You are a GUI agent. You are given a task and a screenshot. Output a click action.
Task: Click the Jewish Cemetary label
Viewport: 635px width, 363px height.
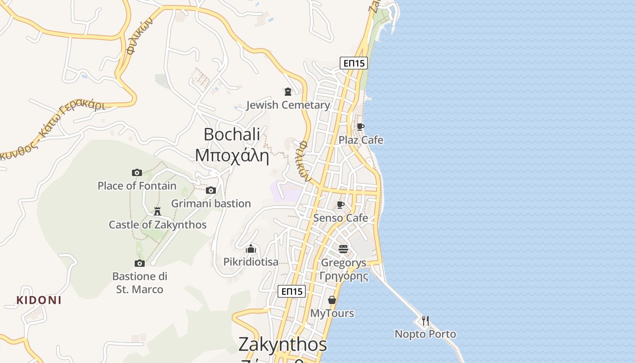(x=288, y=105)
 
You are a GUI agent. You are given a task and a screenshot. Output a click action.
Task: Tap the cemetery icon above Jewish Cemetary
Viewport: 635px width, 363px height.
(x=288, y=92)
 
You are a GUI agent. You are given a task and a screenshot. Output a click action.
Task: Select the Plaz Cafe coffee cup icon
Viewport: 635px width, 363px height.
(x=361, y=127)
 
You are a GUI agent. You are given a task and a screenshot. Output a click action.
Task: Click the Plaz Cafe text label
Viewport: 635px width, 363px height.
(x=361, y=140)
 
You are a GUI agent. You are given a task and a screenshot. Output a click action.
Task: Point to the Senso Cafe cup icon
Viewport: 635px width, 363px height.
(x=341, y=205)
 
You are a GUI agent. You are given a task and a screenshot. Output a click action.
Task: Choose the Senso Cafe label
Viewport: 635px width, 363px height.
(x=341, y=218)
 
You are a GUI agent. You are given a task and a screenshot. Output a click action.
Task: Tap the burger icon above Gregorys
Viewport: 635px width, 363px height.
(x=343, y=249)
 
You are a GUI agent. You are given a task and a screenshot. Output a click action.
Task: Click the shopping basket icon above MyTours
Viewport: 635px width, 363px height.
(x=332, y=300)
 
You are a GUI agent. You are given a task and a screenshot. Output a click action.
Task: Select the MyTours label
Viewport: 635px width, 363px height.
(x=332, y=314)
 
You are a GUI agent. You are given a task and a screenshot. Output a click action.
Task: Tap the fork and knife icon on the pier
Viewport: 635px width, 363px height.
(x=425, y=321)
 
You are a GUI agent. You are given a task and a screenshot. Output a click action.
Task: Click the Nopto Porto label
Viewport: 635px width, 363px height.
(x=425, y=334)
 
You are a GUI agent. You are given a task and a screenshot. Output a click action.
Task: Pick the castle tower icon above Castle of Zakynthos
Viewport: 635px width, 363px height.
(x=157, y=211)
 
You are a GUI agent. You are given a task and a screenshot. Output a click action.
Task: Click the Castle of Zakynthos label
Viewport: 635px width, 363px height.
(x=157, y=225)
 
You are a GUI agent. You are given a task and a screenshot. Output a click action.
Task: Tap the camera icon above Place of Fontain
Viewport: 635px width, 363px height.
(x=137, y=172)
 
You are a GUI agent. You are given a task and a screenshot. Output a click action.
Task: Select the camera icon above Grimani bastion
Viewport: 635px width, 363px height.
(x=211, y=190)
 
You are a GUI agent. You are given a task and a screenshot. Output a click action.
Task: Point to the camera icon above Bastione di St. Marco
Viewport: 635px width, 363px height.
(x=140, y=263)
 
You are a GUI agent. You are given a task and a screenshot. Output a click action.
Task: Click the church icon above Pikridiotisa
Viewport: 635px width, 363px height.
(x=251, y=249)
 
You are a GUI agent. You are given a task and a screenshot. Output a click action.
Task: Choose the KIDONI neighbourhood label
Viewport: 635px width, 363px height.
(x=39, y=300)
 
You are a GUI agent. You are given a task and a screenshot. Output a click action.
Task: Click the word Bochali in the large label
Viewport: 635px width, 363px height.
(x=232, y=134)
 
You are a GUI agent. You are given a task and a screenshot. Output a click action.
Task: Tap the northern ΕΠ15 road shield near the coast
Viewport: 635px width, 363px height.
(x=354, y=63)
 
